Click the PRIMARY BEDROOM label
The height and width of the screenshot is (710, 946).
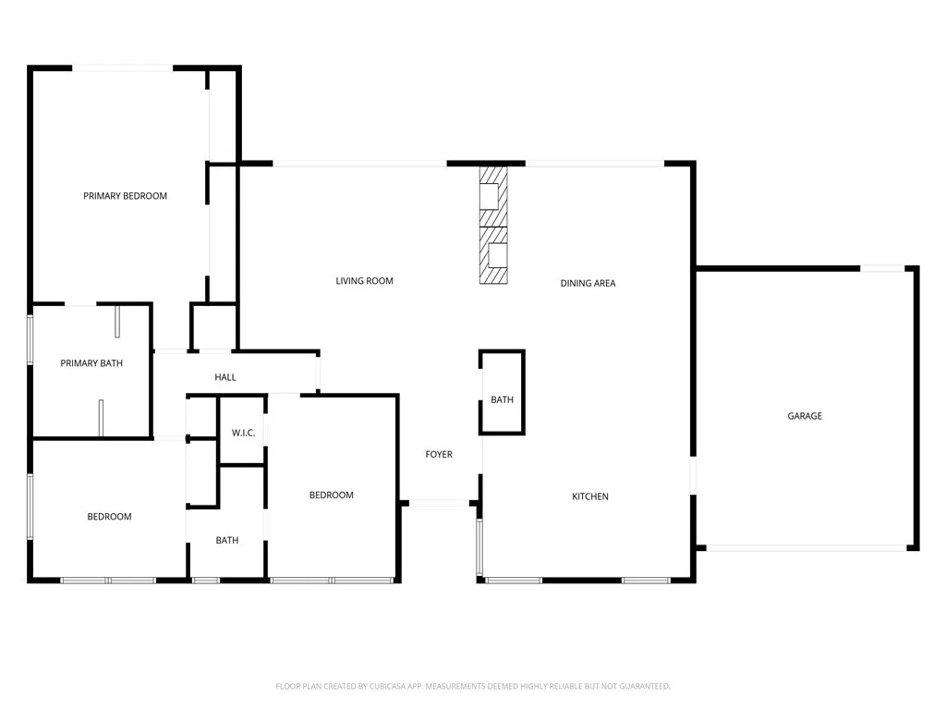pyautogui.click(x=125, y=196)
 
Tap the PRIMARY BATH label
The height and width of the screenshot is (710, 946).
pyautogui.click(x=91, y=363)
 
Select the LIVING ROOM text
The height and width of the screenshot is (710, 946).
pyautogui.click(x=364, y=281)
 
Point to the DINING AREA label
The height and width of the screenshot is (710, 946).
pyautogui.click(x=588, y=283)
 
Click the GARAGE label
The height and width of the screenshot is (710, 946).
pyautogui.click(x=804, y=416)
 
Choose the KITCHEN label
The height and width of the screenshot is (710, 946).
pyautogui.click(x=589, y=496)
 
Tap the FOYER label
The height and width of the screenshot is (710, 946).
pyautogui.click(x=438, y=455)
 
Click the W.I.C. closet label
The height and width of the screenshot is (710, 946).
pyautogui.click(x=243, y=433)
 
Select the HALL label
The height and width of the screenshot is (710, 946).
pyautogui.click(x=225, y=377)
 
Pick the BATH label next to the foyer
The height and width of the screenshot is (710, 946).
pyautogui.click(x=502, y=400)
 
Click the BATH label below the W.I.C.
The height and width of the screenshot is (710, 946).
pyautogui.click(x=226, y=540)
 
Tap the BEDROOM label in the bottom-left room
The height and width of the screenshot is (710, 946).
pyautogui.click(x=109, y=517)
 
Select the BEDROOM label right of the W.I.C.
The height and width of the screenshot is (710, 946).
pyautogui.click(x=331, y=496)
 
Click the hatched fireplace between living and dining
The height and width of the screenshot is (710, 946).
pyautogui.click(x=493, y=226)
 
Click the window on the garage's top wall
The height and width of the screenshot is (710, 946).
pyautogui.click(x=882, y=268)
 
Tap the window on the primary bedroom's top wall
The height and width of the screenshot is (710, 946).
pyautogui.click(x=122, y=67)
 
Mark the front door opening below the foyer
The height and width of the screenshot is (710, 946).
pyautogui.click(x=439, y=504)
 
